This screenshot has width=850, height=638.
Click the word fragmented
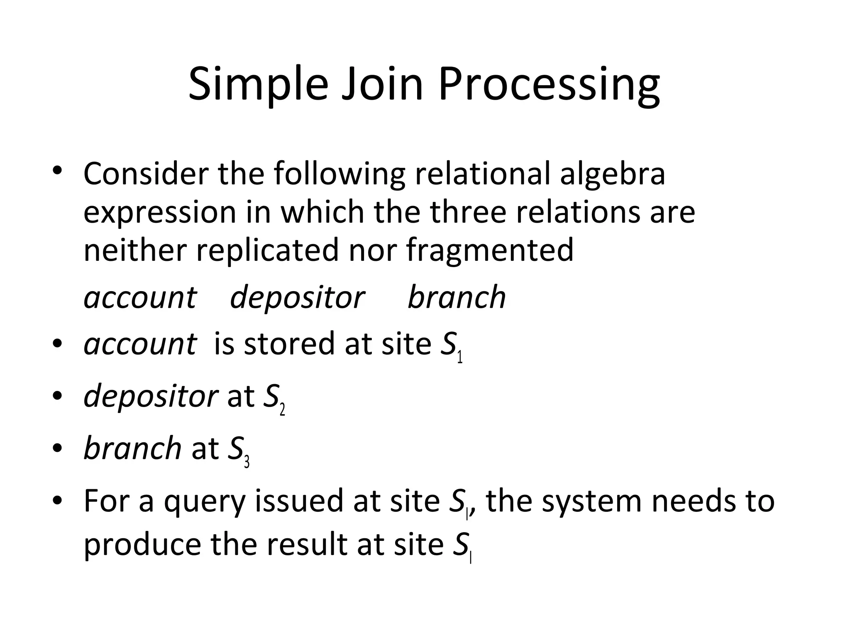pyautogui.click(x=490, y=250)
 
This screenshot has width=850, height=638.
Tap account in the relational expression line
pyautogui.click(x=139, y=297)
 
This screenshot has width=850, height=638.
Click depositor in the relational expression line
pyautogui.click(x=297, y=297)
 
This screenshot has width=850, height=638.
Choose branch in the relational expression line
pyautogui.click(x=457, y=297)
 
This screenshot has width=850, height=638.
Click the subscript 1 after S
pyautogui.click(x=459, y=357)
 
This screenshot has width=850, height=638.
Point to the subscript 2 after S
pyautogui.click(x=282, y=410)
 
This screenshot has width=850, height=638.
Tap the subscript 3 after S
pyautogui.click(x=247, y=462)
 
